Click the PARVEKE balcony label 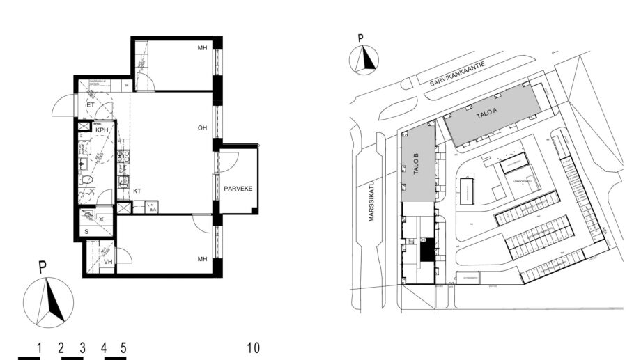(237, 189)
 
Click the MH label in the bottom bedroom (203, 259)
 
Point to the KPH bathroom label (102, 130)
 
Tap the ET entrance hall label (90, 105)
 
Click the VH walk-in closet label (108, 262)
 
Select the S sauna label (86, 231)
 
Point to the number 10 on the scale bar (253, 347)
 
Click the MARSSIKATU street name (373, 203)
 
